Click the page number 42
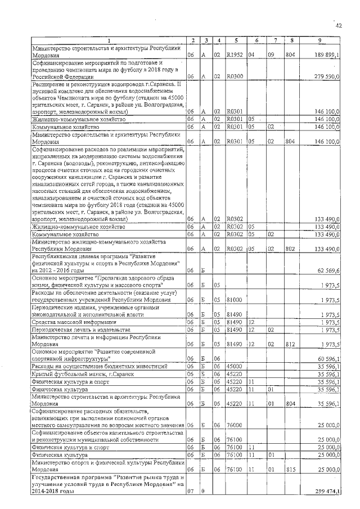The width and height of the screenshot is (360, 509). [339, 25]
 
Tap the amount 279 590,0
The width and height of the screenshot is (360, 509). [327, 76]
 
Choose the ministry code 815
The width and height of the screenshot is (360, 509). [290, 469]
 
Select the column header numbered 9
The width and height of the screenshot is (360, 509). [319, 40]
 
